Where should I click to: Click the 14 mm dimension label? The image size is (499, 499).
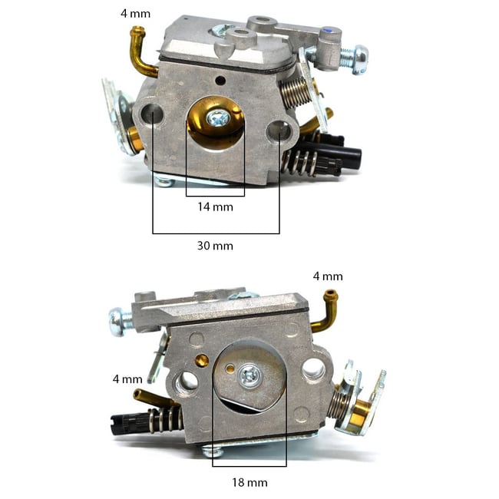(215, 207)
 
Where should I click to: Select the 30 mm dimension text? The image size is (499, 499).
(215, 246)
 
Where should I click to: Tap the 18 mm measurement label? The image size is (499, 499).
(249, 482)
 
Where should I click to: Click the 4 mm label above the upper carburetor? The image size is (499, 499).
(136, 13)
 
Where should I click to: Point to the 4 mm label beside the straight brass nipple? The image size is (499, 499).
(127, 378)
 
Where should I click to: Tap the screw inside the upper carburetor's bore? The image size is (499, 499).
(218, 118)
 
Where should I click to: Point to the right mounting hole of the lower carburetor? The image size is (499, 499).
(312, 370)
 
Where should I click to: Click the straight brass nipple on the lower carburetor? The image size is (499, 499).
(146, 397)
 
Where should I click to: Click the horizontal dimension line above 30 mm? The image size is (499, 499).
(216, 232)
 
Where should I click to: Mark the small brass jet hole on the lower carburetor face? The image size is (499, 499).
(203, 360)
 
